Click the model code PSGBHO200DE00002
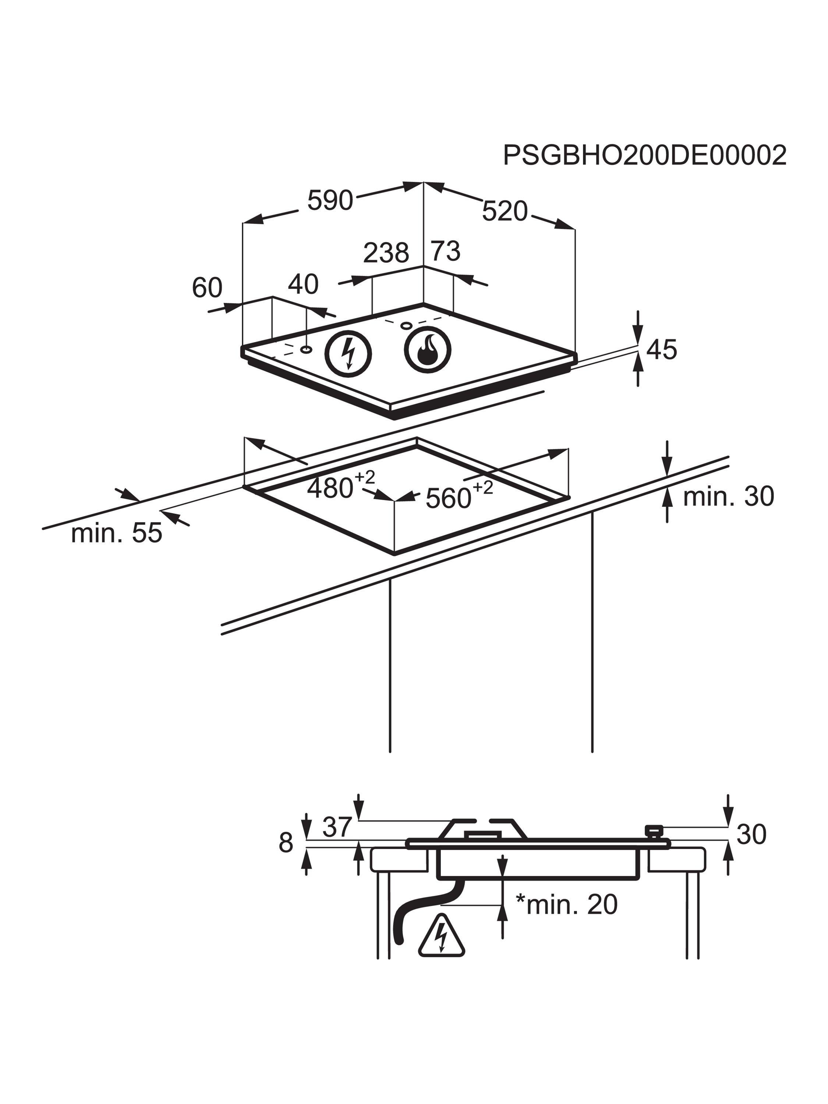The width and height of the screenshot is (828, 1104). [x=644, y=155]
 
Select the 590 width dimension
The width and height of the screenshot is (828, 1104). [x=330, y=200]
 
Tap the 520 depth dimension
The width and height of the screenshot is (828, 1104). [x=505, y=211]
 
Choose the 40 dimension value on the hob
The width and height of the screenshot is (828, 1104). [x=303, y=284]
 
